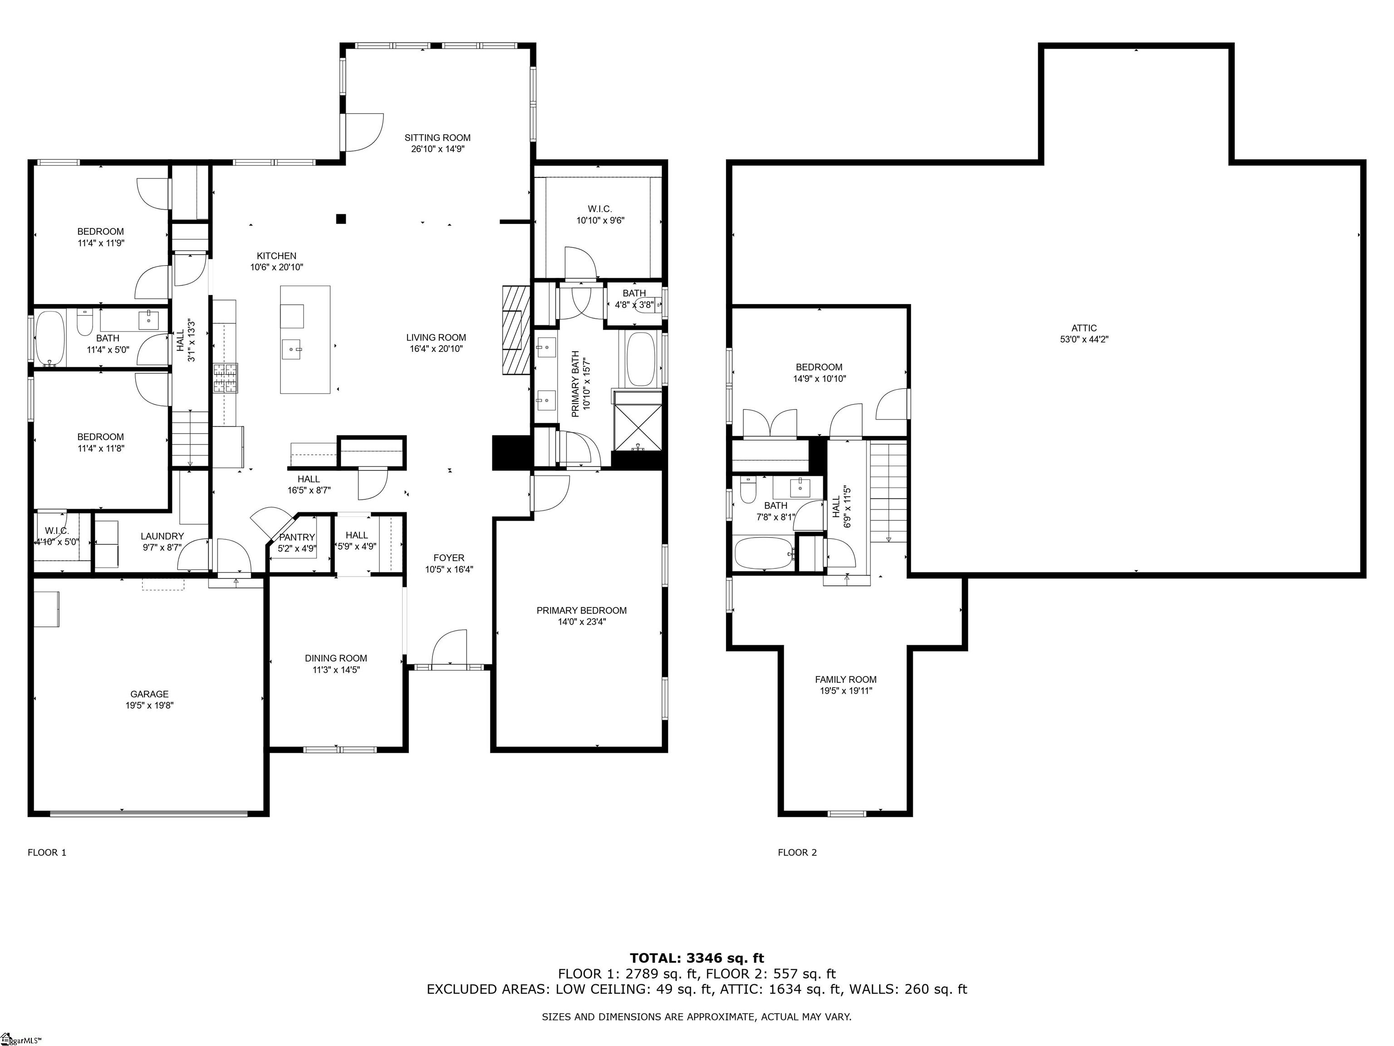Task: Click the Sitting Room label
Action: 437,138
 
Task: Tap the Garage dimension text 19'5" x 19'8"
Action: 149,706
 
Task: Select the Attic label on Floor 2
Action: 1084,328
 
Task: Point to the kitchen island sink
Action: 292,348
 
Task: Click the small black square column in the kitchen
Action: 341,219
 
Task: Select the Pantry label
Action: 297,537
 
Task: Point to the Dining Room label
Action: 336,658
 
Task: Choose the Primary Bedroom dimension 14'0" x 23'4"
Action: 581,622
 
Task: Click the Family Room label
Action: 846,679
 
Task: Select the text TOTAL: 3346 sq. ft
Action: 697,959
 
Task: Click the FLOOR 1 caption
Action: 47,853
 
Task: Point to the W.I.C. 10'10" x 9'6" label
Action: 600,214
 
